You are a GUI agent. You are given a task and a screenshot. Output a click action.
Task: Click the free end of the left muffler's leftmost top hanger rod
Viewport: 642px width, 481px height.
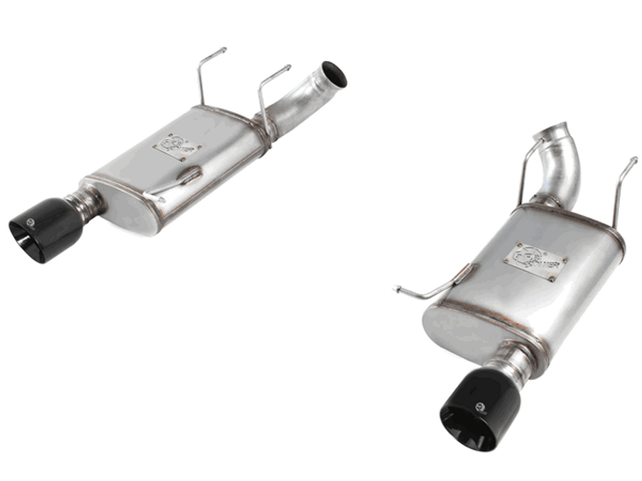pyautogui.click(x=224, y=49)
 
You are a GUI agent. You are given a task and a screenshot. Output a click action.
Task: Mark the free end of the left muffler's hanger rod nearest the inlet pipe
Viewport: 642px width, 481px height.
pyautogui.click(x=288, y=66)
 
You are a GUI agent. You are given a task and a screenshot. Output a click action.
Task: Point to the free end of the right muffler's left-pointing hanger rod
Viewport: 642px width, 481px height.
pyautogui.click(x=396, y=288)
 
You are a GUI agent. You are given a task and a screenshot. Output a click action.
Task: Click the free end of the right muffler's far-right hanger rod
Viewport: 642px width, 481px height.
pyautogui.click(x=635, y=160)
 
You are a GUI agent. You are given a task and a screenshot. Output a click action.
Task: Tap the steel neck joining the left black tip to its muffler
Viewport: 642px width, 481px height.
pyautogui.click(x=90, y=202)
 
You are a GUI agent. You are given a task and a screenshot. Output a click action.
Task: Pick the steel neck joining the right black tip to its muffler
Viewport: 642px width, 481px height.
pyautogui.click(x=514, y=363)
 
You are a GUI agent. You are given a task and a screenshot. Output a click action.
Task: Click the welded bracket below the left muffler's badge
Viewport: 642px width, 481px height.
pyautogui.click(x=188, y=176)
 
